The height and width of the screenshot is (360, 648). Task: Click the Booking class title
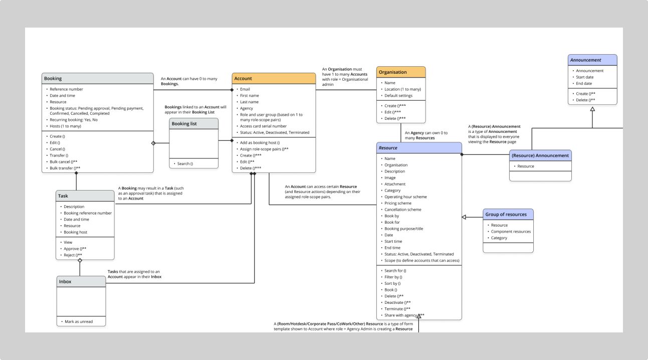(53, 79)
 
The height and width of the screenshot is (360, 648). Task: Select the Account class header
(243, 79)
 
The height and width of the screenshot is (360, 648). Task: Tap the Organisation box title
(392, 72)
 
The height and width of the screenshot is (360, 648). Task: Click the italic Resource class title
(388, 148)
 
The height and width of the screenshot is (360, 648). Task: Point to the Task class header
(63, 196)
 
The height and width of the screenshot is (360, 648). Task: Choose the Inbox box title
(65, 282)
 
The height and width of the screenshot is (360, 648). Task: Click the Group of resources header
(506, 215)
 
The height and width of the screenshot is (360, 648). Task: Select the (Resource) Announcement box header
(540, 155)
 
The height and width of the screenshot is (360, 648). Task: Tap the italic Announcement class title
(585, 60)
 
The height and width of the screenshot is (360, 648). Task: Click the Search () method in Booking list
(184, 164)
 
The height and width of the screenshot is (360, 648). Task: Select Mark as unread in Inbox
(79, 321)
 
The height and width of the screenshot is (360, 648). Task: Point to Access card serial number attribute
(263, 126)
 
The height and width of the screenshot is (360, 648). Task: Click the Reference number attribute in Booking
(66, 89)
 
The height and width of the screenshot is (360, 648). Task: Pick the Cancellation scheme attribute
(402, 210)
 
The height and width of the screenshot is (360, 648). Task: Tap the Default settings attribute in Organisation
(398, 96)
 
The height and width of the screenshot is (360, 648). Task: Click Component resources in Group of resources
(511, 232)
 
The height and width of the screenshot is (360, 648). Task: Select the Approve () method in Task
(75, 249)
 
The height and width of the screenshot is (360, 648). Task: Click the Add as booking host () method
(260, 143)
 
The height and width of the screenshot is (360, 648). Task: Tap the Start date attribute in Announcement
(584, 77)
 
